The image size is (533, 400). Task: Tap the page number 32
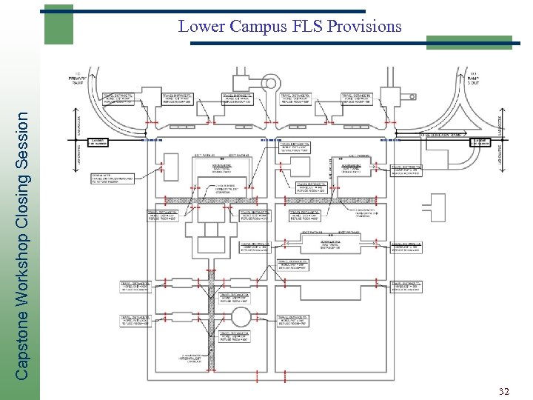pos(505,391)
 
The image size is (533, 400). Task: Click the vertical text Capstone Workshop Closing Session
pos(23,244)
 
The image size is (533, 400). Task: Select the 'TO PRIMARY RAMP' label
pos(78,79)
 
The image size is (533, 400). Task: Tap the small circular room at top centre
pos(270,84)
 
